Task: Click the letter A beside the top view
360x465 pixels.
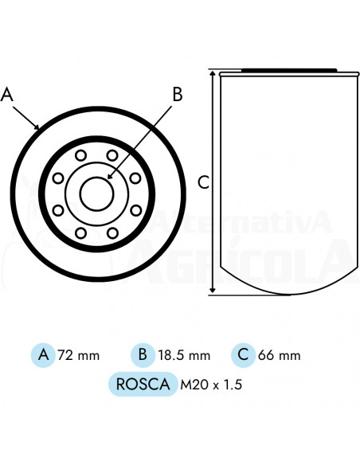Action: pos(8,95)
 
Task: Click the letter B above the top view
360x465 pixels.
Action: pos(178,95)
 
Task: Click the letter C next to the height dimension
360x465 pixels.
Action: pos(203,182)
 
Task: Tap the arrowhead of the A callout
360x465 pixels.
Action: pos(37,127)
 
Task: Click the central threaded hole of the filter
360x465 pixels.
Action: pos(97,193)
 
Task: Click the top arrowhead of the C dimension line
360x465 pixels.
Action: pos(213,72)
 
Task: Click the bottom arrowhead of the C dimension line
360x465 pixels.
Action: pos(213,291)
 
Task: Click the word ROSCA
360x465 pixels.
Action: pos(142,385)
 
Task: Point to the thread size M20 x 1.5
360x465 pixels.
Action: pos(211,385)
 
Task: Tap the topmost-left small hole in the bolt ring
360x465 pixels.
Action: pos(82,155)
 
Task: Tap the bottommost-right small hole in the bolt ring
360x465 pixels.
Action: pos(112,232)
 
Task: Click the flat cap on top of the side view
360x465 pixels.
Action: pos(287,69)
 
